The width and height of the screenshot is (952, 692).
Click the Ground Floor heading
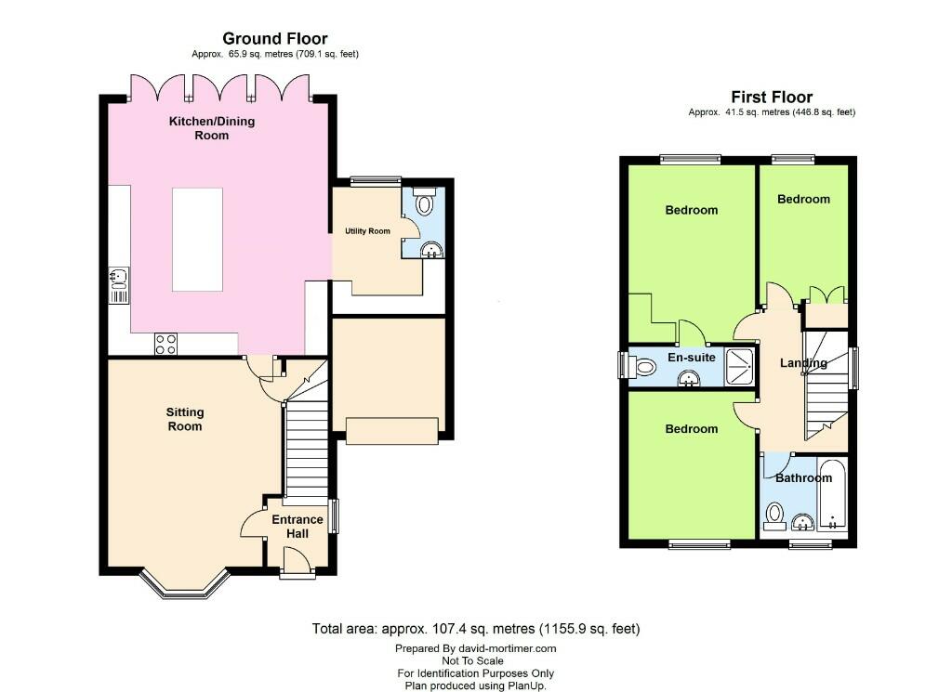click(274, 38)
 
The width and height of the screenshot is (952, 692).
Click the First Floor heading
click(771, 97)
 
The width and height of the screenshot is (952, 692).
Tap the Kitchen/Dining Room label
click(211, 128)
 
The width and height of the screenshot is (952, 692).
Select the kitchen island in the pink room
click(197, 239)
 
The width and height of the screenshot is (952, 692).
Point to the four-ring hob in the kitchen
click(165, 344)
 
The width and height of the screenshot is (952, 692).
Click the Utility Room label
click(366, 230)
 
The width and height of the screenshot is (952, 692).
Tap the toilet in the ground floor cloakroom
click(425, 203)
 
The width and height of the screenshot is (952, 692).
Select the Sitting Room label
click(184, 419)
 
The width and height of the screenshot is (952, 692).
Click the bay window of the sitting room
click(184, 584)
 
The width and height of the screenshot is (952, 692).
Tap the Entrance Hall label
click(297, 527)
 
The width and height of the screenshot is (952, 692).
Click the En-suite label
click(691, 357)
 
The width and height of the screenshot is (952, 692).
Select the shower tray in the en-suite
click(741, 365)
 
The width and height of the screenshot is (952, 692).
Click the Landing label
click(804, 363)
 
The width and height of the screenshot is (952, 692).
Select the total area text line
click(475, 629)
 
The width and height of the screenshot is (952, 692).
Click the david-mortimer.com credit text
click(475, 648)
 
